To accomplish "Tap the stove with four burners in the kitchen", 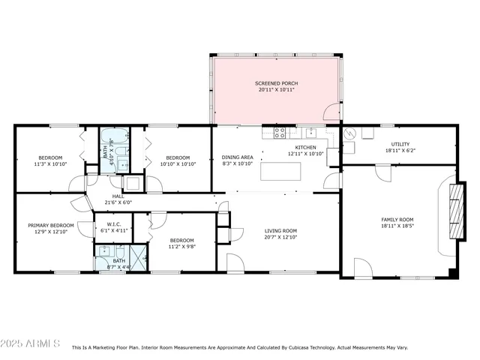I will point(279,133).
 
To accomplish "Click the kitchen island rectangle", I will point(281,172).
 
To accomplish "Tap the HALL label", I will point(118,196).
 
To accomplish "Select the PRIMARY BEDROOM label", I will point(51,225).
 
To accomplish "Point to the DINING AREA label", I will point(237,157).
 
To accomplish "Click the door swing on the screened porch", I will point(331,114).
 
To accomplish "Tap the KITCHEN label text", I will point(305,148).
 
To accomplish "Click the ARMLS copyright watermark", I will point(31,343).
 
